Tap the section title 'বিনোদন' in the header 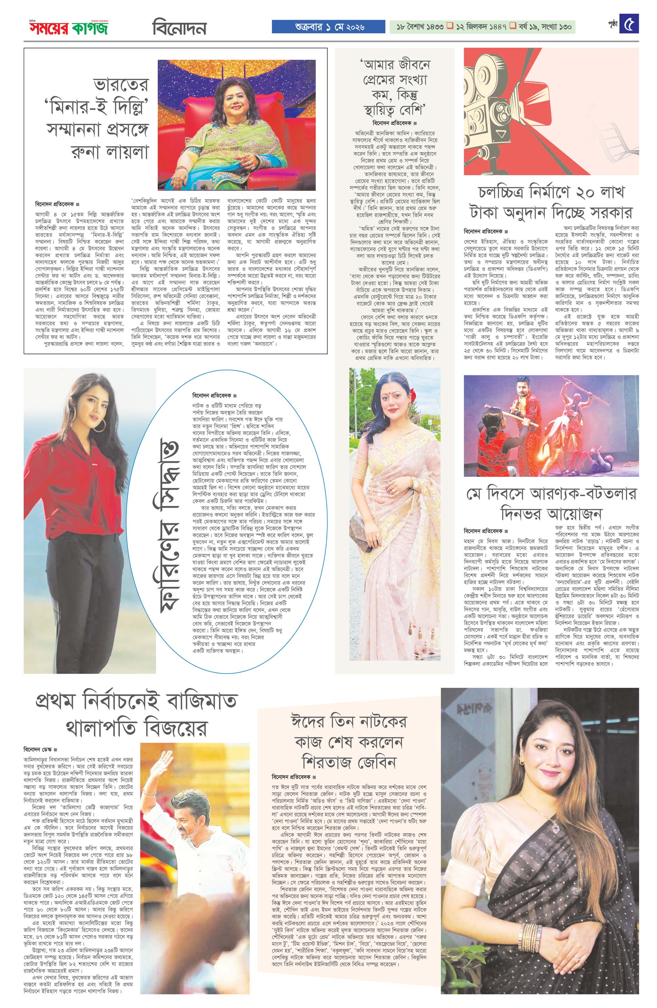tap(179, 28)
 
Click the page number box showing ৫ tap(629, 24)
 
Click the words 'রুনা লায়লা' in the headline tap(111, 151)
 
